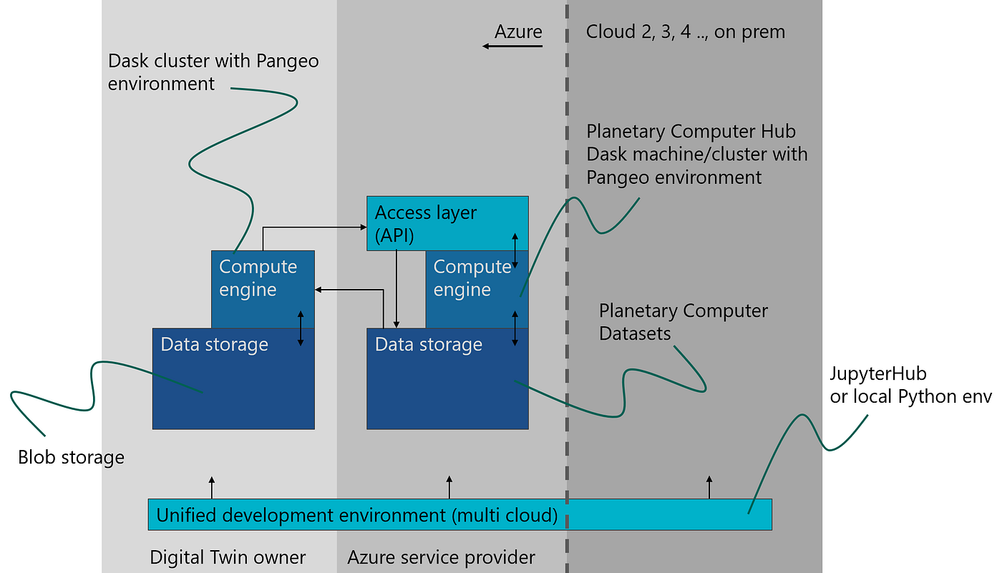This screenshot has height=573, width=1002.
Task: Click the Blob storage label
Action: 71,457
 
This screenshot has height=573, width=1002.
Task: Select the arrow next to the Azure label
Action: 512,46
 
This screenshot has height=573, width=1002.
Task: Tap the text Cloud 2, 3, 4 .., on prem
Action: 685,32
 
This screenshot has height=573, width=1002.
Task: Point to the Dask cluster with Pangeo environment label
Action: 213,72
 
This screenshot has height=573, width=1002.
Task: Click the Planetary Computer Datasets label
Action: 683,322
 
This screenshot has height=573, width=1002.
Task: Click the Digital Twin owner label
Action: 228,557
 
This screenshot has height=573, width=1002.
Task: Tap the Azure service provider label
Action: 441,557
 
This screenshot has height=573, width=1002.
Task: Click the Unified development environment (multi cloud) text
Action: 356,515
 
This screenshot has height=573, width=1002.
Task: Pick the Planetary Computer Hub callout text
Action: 696,154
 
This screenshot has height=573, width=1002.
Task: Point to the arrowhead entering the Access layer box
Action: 362,228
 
